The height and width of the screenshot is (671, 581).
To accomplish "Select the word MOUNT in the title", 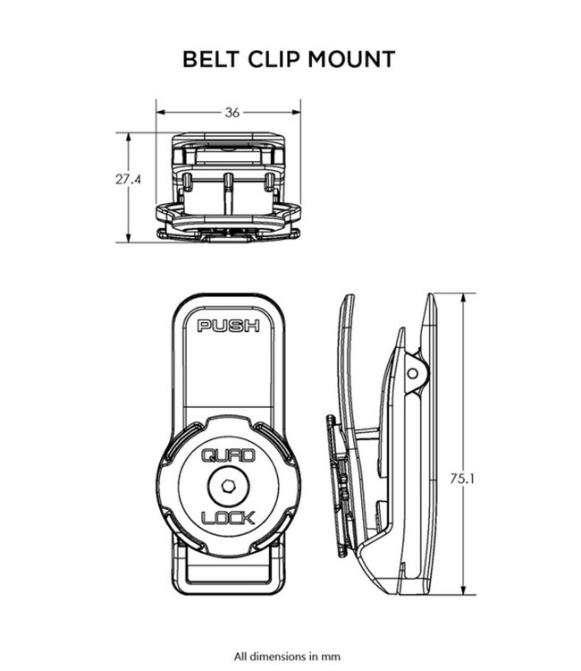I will (351, 60).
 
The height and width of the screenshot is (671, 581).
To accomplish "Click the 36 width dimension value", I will (232, 113).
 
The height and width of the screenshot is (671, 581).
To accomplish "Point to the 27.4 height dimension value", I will (128, 180).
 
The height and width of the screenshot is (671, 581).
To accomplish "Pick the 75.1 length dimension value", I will (463, 479).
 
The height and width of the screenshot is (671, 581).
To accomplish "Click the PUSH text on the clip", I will (228, 326).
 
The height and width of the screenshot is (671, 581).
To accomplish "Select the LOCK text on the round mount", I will (228, 517).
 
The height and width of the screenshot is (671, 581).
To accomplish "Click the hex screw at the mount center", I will (228, 488).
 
